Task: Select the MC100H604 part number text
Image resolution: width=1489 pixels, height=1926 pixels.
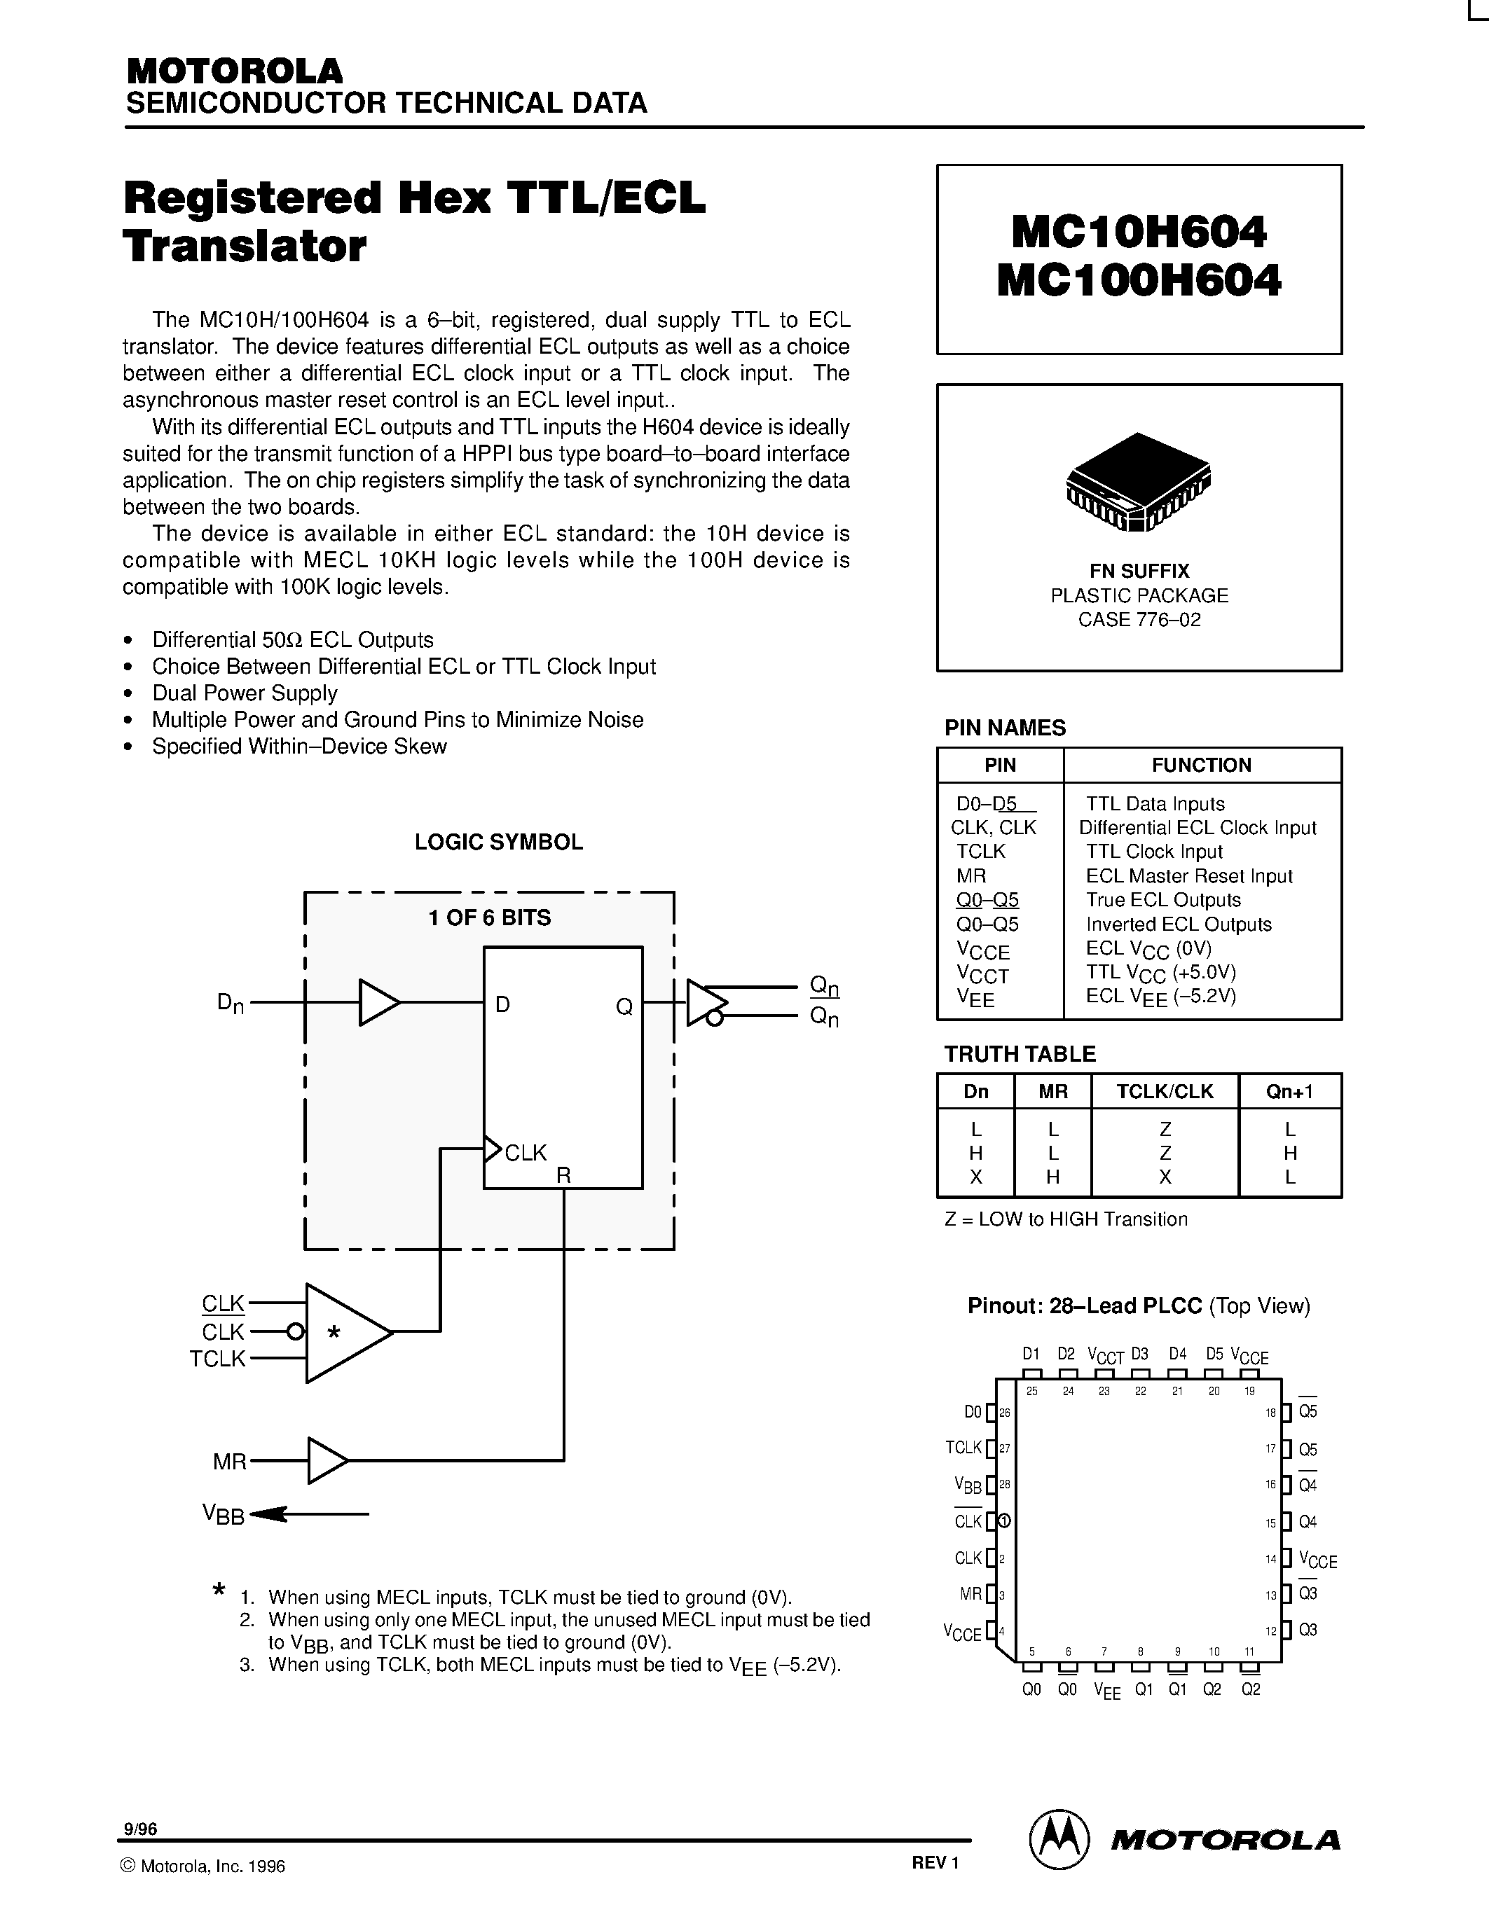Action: click(1139, 282)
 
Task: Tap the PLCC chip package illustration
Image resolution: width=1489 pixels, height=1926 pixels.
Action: click(1139, 482)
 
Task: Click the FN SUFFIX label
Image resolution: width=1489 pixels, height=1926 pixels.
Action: click(1139, 571)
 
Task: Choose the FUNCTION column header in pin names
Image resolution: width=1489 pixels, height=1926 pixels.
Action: click(1202, 765)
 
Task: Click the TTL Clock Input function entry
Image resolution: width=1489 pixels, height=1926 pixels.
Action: click(1154, 852)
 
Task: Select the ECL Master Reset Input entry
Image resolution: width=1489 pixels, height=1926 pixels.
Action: click(1189, 877)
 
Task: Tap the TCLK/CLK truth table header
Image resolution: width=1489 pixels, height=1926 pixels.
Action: click(1165, 1092)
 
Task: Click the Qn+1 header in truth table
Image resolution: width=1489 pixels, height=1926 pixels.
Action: click(1289, 1092)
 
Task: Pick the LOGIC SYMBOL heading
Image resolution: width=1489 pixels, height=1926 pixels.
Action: click(498, 842)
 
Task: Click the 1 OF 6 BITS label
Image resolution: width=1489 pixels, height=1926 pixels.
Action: click(490, 918)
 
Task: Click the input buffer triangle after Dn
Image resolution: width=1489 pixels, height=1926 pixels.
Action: click(378, 1003)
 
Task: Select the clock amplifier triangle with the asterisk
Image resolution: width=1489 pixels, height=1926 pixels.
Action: click(344, 1333)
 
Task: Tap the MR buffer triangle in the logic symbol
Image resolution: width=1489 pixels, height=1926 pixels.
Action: click(326, 1460)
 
